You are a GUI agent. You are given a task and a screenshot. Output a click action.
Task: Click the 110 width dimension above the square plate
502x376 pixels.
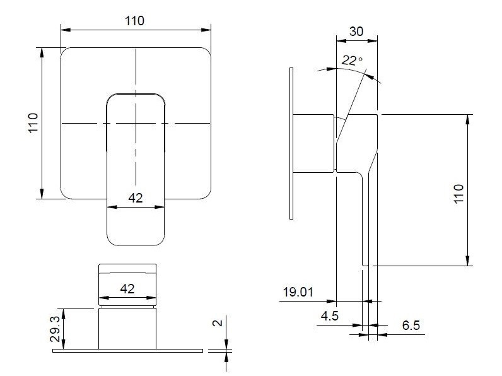click(134, 20)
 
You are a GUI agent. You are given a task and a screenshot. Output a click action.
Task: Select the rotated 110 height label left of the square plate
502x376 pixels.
click(33, 123)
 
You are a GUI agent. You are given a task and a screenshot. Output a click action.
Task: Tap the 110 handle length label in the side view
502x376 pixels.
click(458, 192)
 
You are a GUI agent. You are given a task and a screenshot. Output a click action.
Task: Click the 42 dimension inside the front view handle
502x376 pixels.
click(136, 197)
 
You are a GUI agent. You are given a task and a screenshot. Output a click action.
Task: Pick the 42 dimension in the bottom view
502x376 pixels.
click(127, 288)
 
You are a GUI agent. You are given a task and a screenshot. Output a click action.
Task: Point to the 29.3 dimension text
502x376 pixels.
click(55, 328)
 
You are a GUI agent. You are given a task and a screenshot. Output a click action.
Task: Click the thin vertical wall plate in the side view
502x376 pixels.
click(291, 144)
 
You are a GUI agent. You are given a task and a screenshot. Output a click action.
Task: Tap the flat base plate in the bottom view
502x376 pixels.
click(129, 350)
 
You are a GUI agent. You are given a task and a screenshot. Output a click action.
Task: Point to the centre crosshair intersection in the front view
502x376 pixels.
click(136, 122)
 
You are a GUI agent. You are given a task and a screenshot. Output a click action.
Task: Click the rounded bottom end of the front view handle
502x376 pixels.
click(136, 243)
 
